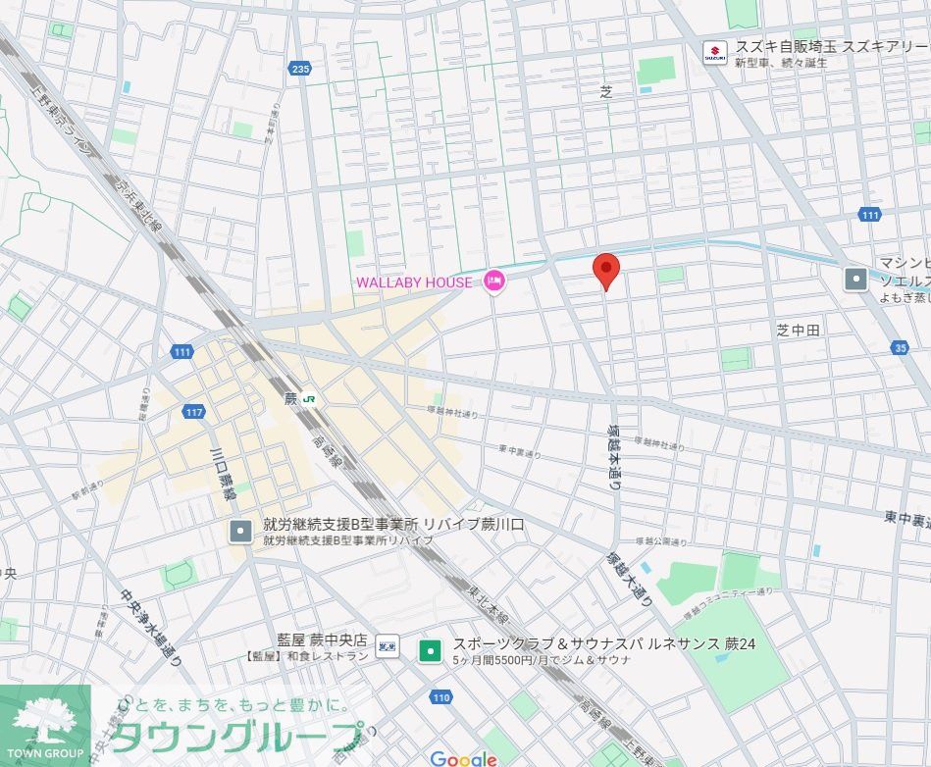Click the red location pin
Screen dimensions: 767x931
coord(606,269)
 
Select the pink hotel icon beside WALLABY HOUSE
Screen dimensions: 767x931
coord(493,282)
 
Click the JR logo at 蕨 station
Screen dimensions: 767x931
coord(309,398)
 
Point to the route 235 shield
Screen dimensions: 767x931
coord(300,68)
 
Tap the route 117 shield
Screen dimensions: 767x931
coord(194,412)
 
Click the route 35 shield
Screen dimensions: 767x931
coord(901,347)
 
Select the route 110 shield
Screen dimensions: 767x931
coord(440,697)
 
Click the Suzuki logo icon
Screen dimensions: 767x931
coord(715,52)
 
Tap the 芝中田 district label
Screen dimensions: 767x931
coord(797,331)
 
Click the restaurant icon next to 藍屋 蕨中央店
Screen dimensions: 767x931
coord(388,644)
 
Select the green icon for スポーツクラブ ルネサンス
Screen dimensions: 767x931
coord(429,649)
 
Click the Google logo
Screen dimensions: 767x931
coord(463,758)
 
